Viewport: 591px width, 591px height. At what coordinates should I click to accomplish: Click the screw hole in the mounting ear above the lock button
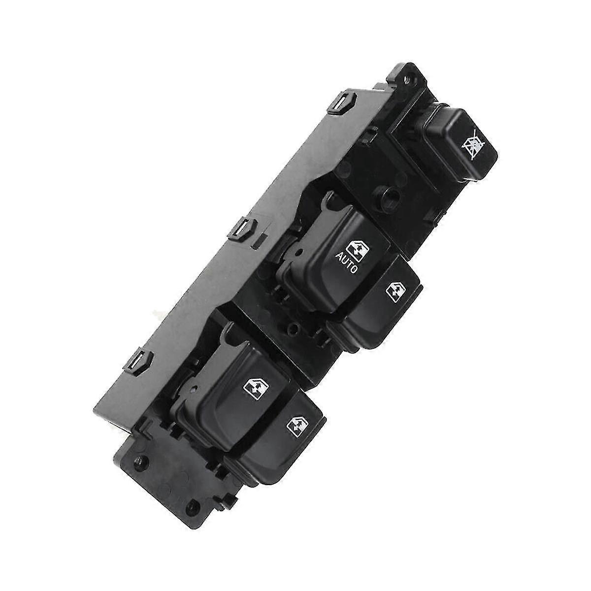(407, 81)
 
